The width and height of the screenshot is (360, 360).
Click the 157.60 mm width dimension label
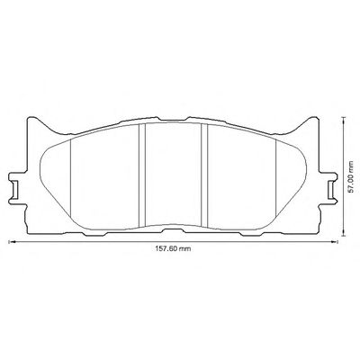[173, 248]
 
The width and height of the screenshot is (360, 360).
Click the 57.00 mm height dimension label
[352, 176]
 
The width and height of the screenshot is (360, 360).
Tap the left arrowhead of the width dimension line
[11, 241]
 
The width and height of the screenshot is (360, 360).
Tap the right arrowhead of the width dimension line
[334, 241]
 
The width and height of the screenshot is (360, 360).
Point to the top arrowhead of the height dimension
[343, 120]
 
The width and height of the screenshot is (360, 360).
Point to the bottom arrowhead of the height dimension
[343, 234]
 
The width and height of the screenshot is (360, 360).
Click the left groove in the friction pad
[142, 175]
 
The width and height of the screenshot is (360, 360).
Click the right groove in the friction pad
[204, 175]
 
